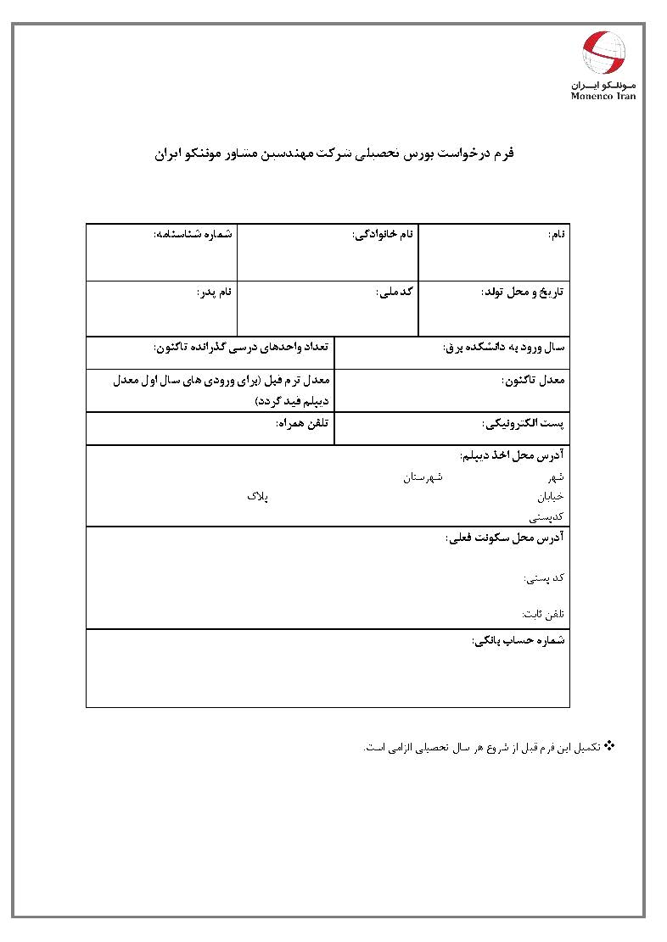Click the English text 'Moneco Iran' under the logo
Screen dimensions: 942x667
click(x=603, y=96)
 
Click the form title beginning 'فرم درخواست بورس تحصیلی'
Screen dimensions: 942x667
click(x=337, y=155)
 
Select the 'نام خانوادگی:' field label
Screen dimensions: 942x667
click(x=383, y=233)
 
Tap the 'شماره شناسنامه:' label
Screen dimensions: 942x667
click(x=193, y=233)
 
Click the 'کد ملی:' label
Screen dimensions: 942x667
click(x=394, y=292)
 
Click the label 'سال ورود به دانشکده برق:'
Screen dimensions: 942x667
click(x=504, y=347)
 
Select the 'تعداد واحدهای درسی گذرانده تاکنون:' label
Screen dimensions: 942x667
click(x=240, y=347)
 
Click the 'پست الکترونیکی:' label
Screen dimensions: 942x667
click(x=524, y=422)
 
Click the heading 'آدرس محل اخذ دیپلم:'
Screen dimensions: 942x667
click(x=513, y=455)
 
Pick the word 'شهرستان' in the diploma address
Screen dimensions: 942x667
click(x=423, y=478)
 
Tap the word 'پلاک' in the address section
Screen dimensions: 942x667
click(x=257, y=495)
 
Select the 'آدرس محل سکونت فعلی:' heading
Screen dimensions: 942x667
click(x=506, y=538)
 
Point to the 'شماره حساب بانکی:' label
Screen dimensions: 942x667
click(x=518, y=640)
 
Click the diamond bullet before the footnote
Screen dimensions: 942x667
click(x=608, y=745)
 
